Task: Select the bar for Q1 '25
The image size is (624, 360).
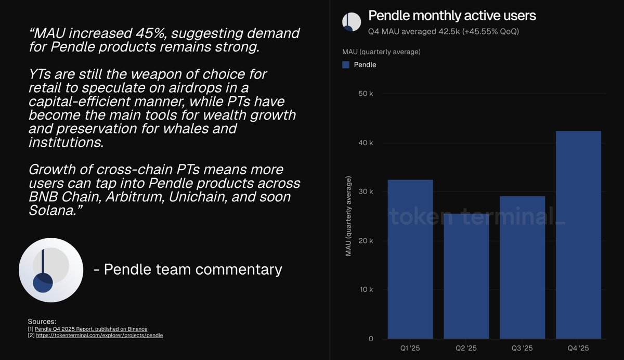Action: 410,259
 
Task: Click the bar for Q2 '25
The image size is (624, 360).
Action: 466,276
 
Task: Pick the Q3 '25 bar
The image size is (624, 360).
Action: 522,267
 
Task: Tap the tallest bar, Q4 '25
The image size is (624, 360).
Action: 578,235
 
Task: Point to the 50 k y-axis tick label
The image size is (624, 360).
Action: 366,94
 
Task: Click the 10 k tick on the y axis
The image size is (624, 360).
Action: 366,289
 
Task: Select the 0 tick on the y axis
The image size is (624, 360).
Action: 371,339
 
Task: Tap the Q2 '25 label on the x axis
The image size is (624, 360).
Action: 466,349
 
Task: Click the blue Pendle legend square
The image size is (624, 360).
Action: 346,65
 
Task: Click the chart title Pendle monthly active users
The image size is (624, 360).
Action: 452,16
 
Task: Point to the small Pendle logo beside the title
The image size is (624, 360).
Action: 352,22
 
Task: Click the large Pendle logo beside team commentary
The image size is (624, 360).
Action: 51,270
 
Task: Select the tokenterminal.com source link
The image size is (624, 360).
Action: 99,335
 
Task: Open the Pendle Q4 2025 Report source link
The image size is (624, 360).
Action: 91,329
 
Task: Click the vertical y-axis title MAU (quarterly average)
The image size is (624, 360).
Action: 348,216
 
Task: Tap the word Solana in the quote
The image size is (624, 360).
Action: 53,211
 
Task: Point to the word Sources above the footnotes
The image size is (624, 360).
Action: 42,322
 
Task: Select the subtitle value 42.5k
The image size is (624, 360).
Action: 449,32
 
